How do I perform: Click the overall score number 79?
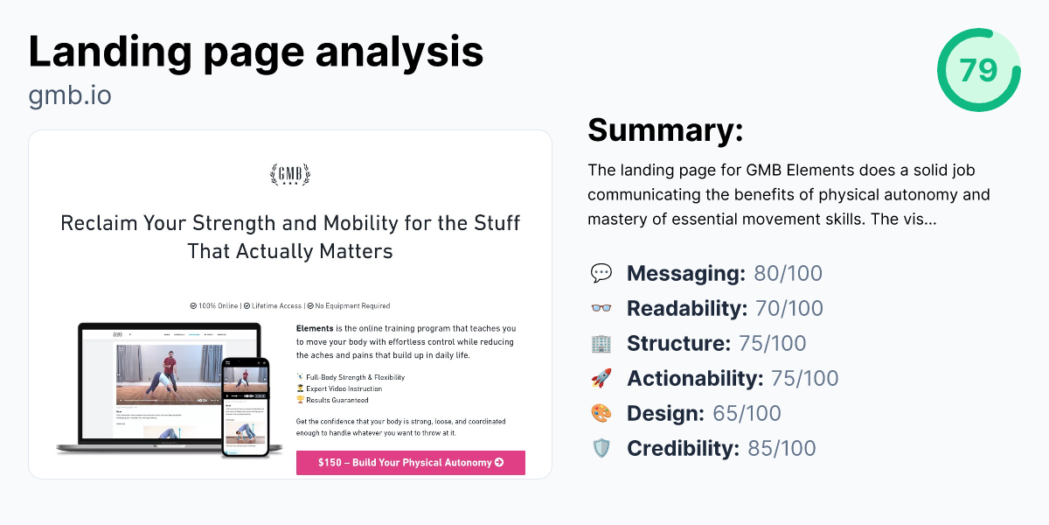click(x=978, y=69)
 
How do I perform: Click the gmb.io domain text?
click(x=70, y=94)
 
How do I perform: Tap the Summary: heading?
click(x=665, y=130)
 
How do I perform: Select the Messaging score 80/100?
click(x=788, y=274)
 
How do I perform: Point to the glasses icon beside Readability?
click(x=601, y=309)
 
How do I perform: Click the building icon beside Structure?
click(x=601, y=344)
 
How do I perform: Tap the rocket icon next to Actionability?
click(x=601, y=379)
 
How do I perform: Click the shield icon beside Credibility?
click(x=601, y=449)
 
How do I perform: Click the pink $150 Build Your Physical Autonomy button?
click(x=410, y=463)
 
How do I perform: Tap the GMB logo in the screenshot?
click(x=290, y=174)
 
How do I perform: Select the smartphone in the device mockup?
click(x=245, y=406)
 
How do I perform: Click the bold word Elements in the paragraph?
click(x=315, y=329)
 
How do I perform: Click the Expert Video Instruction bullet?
click(x=343, y=388)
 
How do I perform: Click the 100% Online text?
click(x=219, y=306)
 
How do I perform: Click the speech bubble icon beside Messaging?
click(x=601, y=274)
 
